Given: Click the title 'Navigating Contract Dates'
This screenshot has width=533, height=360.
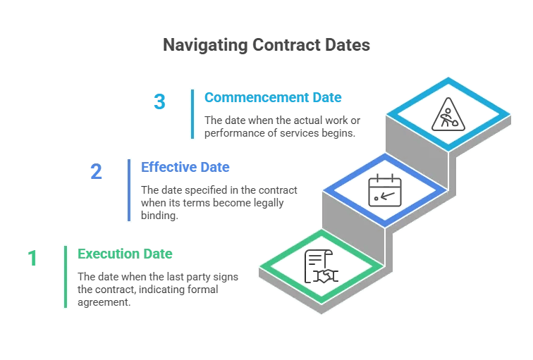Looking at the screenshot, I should tap(266, 45).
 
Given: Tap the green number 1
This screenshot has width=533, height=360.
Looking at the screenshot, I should tap(32, 259).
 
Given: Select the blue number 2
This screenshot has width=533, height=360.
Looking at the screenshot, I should tap(97, 171).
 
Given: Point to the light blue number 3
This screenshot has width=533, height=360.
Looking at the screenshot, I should tap(159, 102).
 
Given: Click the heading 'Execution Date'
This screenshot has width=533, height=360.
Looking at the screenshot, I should tap(125, 254).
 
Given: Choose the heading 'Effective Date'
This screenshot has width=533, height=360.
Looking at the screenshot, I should tap(185, 167).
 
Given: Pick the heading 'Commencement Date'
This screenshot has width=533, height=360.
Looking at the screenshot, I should tap(272, 97).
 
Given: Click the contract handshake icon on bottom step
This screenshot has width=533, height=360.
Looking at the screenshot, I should tap(321, 267).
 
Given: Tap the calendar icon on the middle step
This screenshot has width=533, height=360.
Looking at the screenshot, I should tap(384, 190).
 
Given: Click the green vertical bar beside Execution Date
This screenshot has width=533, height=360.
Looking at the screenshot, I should tap(66, 276).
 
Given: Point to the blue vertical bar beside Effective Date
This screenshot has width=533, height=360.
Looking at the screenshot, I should tap(129, 190).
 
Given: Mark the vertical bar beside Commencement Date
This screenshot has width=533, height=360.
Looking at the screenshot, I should tap(192, 113).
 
